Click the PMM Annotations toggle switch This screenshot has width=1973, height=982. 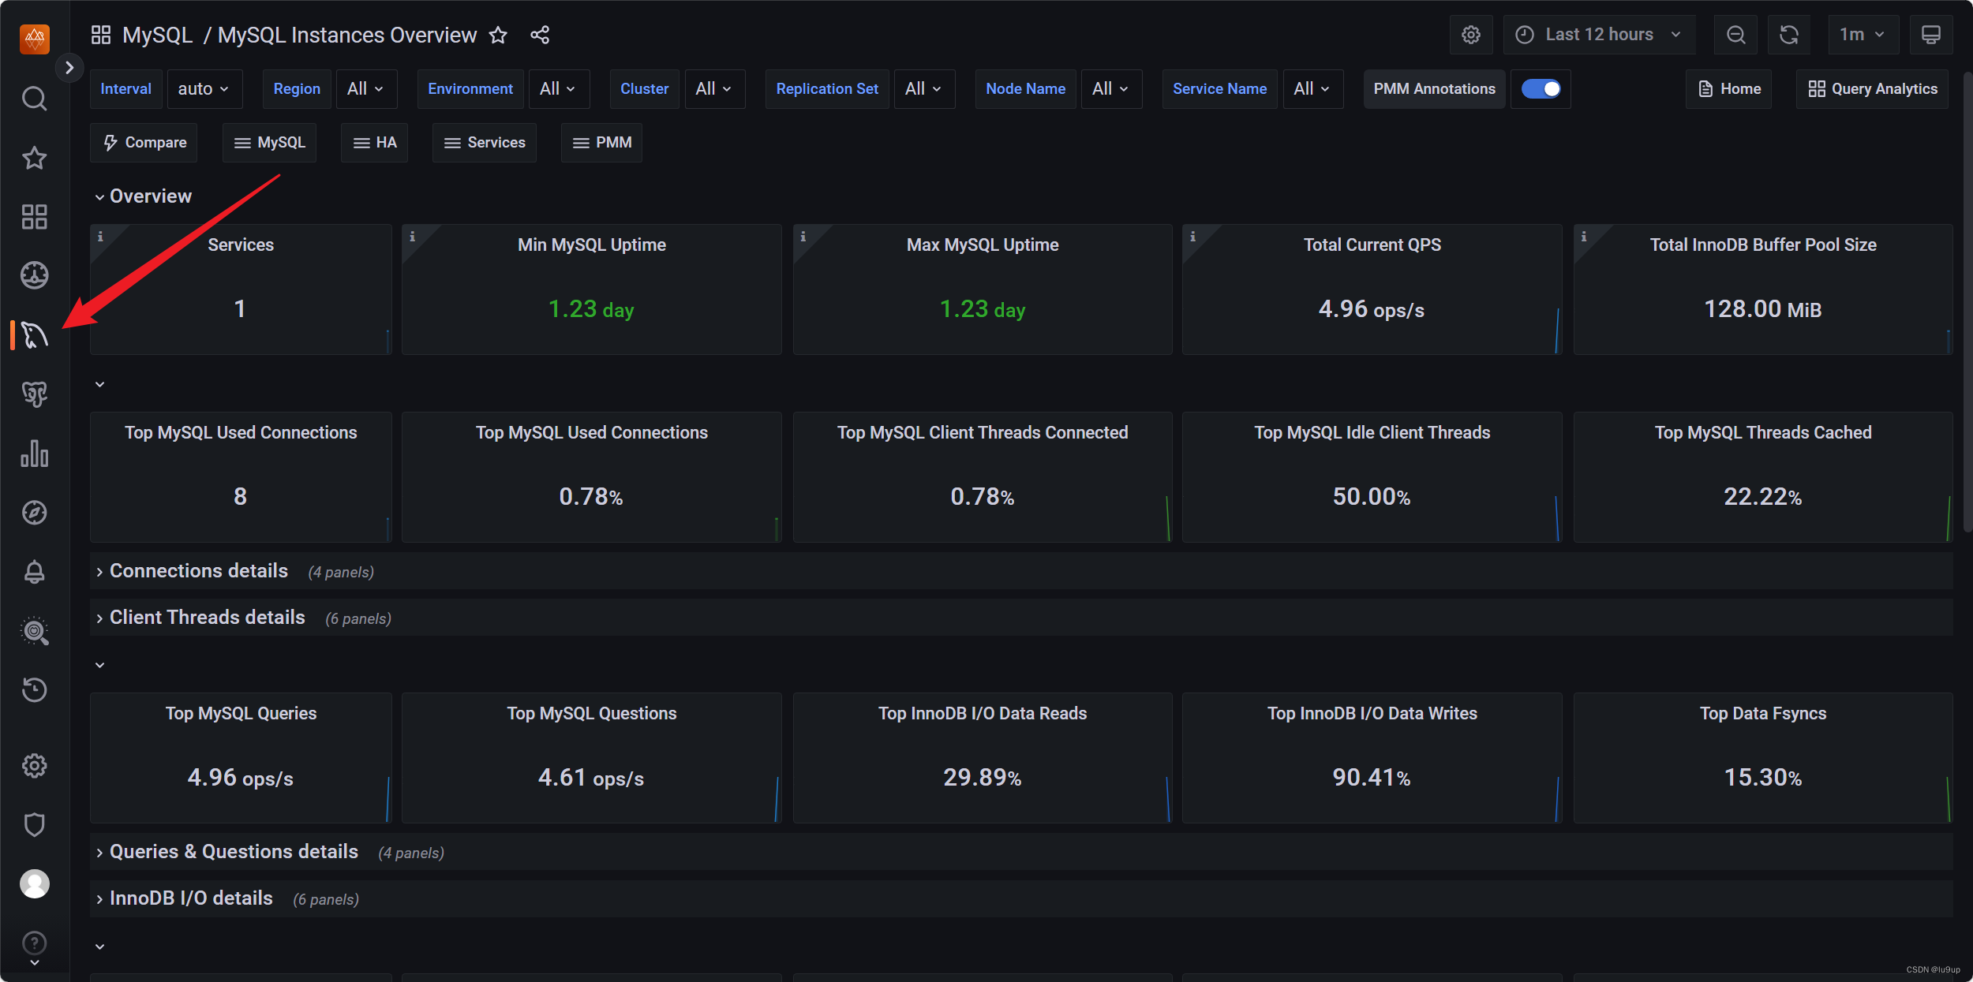pyautogui.click(x=1541, y=89)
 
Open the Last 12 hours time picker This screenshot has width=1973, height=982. pyautogui.click(x=1599, y=35)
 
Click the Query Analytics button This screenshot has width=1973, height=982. pyautogui.click(x=1872, y=89)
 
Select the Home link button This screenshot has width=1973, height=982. pyautogui.click(x=1728, y=89)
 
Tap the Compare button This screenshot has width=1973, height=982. pyautogui.click(x=144, y=143)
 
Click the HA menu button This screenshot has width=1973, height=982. pyautogui.click(x=375, y=143)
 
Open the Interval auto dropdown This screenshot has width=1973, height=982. pyautogui.click(x=204, y=89)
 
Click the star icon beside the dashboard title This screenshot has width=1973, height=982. pyautogui.click(x=498, y=35)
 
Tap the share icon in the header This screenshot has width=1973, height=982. pyautogui.click(x=540, y=35)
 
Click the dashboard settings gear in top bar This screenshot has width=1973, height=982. pyautogui.click(x=1471, y=35)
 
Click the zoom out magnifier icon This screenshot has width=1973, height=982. pyautogui.click(x=1735, y=35)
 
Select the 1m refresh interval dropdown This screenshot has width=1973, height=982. pyautogui.click(x=1863, y=35)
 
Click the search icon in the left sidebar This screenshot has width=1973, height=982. pyautogui.click(x=34, y=99)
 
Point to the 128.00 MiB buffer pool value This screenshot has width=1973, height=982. pyautogui.click(x=1762, y=308)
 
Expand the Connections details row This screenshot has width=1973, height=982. pyautogui.click(x=199, y=571)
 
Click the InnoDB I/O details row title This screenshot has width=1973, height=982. pyautogui.click(x=191, y=898)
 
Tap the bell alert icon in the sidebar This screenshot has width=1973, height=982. pyautogui.click(x=34, y=571)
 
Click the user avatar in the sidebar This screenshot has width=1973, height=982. pyautogui.click(x=34, y=883)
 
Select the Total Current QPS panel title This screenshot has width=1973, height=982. pyautogui.click(x=1372, y=245)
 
